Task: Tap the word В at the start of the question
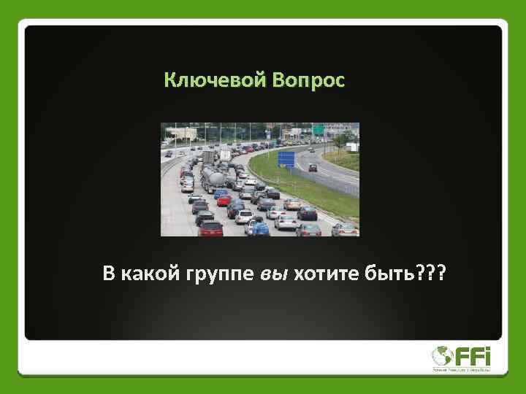point(109,274)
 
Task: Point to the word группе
point(221,275)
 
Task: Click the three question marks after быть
point(434,274)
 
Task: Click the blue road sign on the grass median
point(286,158)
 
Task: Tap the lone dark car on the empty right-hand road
point(313,168)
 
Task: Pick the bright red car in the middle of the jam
point(224,201)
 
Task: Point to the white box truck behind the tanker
point(209,156)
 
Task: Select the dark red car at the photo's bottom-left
point(210,229)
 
